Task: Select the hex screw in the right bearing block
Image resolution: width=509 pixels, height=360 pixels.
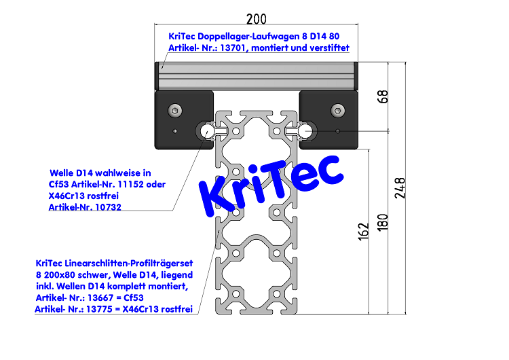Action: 337,110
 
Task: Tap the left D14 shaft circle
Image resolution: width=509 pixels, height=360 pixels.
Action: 205,131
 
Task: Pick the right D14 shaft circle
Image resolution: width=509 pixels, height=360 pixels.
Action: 307,130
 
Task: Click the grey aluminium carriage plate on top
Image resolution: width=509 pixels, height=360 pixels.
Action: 256,75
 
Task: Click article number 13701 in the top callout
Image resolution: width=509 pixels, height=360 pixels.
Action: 233,48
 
